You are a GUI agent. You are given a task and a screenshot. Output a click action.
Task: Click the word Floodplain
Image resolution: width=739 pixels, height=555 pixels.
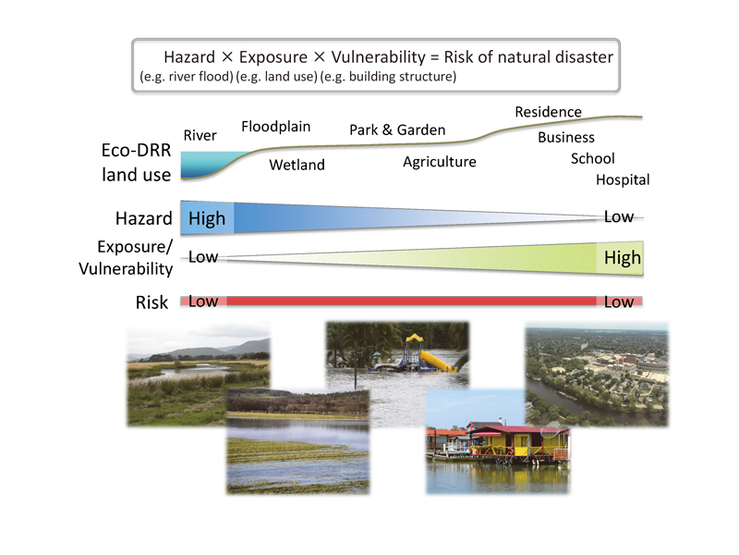point(275,127)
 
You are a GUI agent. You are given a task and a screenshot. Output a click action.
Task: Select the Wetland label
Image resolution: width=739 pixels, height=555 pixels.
point(297,165)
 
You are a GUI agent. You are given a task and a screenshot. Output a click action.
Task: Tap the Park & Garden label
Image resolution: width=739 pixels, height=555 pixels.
point(397,129)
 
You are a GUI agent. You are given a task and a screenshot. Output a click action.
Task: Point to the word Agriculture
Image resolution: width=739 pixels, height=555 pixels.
point(440,162)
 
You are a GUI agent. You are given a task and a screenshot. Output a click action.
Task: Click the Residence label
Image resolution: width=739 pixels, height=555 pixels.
point(548,112)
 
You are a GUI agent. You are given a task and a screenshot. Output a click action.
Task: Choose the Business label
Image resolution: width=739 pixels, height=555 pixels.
point(566,137)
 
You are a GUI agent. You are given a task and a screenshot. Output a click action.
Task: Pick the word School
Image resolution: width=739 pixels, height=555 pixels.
point(592,158)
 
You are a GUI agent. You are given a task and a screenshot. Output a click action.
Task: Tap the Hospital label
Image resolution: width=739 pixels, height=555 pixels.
point(623,179)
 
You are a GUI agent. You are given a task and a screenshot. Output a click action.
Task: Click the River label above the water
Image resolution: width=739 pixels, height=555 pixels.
point(200,135)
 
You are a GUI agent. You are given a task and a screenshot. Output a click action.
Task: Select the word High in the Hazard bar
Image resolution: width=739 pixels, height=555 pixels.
point(207,219)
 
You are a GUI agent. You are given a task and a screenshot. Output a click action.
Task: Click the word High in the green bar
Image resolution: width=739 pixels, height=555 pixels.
point(623,258)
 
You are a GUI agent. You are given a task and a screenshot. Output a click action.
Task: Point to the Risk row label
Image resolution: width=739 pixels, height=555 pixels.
point(151,302)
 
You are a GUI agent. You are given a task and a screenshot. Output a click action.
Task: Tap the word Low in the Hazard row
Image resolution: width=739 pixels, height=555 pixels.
point(619,217)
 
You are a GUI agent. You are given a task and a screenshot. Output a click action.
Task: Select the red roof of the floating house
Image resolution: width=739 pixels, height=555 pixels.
point(518,430)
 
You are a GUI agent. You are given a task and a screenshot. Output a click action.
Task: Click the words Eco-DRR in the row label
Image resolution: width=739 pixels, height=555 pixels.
point(136,151)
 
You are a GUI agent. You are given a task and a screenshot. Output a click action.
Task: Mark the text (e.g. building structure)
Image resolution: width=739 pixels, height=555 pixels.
point(388,77)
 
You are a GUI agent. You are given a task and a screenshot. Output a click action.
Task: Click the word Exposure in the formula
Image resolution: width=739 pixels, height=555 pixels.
point(273,57)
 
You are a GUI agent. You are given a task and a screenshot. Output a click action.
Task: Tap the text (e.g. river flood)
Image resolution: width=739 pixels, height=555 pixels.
point(187,77)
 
